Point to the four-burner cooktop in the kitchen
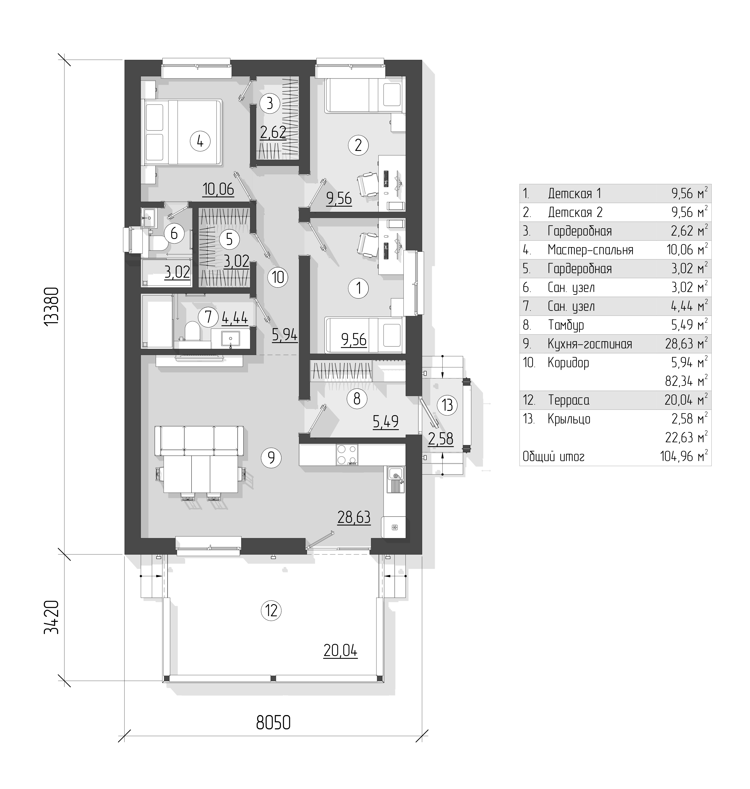click(x=347, y=455)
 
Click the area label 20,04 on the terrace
click(x=340, y=651)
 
